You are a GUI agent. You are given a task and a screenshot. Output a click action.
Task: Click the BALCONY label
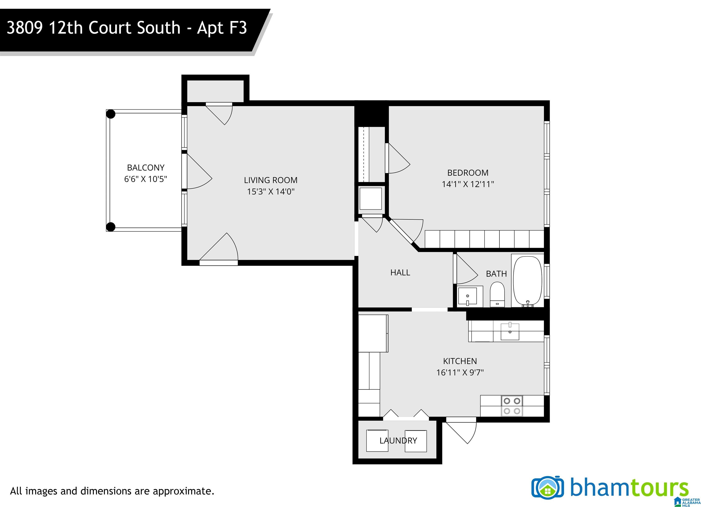click(x=146, y=167)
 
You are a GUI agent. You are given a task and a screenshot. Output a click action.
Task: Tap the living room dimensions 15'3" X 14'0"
click(x=270, y=192)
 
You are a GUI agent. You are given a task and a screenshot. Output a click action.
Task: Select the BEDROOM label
click(x=468, y=173)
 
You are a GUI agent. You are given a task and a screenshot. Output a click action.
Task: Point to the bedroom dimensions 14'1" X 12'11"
click(x=468, y=184)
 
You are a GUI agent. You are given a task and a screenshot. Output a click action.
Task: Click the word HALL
click(x=400, y=273)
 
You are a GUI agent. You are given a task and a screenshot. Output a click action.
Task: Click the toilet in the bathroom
click(x=497, y=294)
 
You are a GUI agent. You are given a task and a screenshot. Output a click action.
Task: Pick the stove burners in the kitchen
click(x=512, y=406)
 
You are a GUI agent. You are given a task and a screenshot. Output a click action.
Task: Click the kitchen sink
click(x=510, y=331)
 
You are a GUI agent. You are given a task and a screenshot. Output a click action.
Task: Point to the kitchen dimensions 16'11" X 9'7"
click(x=460, y=373)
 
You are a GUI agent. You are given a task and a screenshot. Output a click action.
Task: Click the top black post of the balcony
click(x=111, y=114)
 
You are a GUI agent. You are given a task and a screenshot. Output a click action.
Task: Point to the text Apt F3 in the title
click(x=222, y=28)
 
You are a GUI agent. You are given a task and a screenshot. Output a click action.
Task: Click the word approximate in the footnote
click(x=182, y=491)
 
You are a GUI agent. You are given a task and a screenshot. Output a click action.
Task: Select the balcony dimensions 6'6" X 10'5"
click(x=146, y=179)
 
